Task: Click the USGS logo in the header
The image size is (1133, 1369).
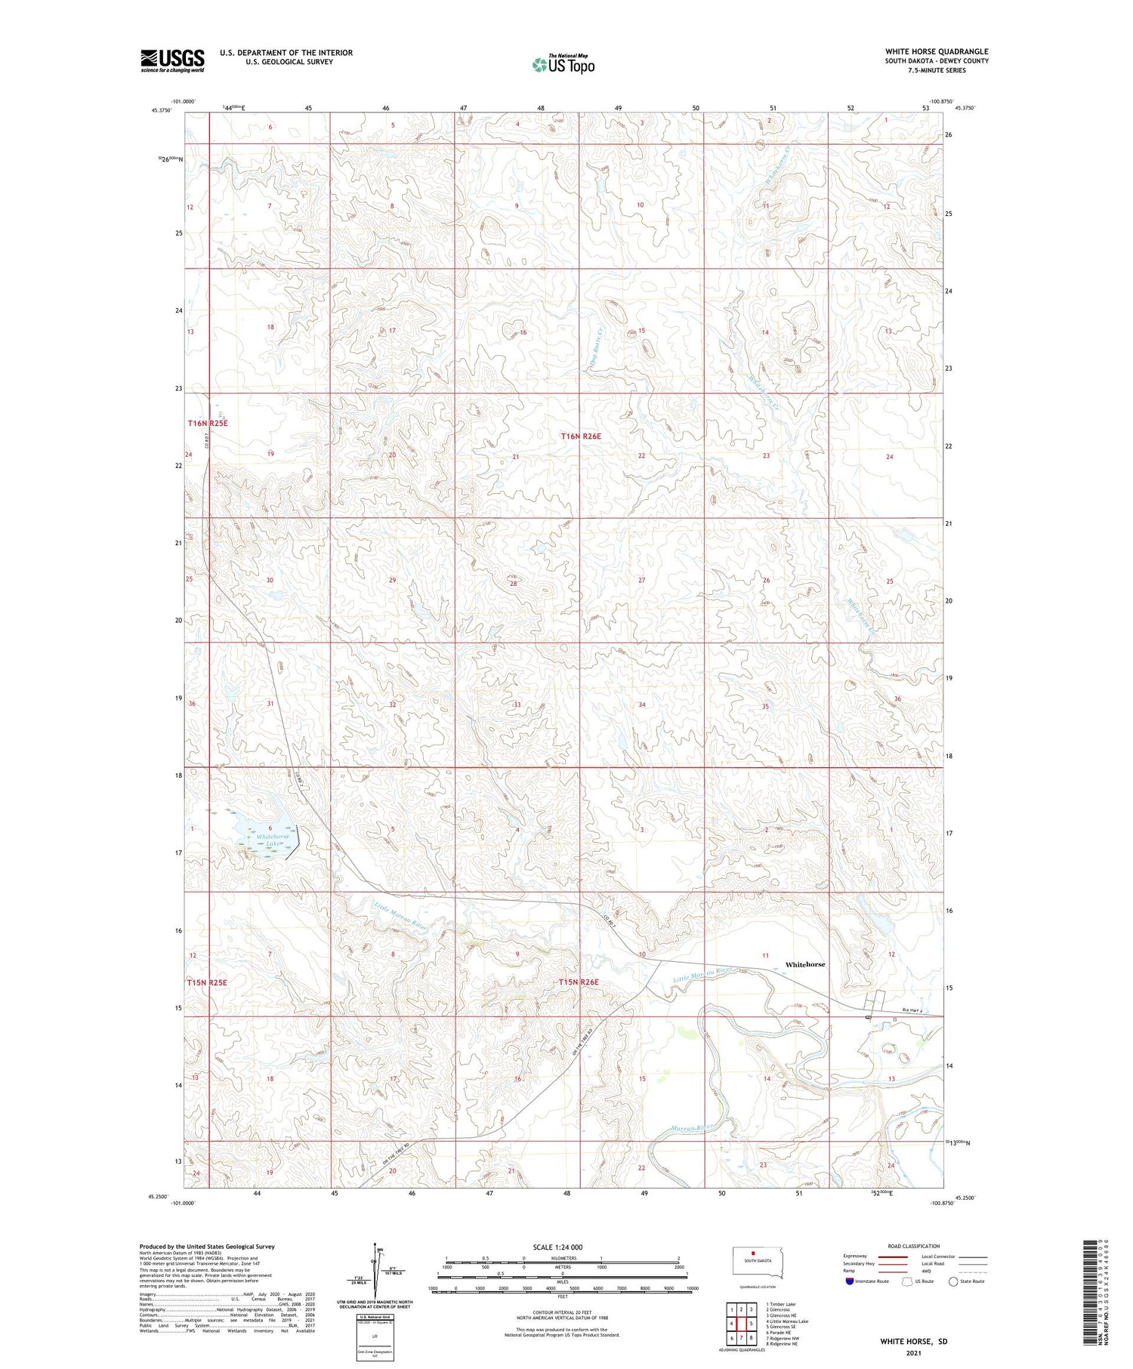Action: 172,60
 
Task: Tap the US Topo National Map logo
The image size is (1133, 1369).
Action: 563,64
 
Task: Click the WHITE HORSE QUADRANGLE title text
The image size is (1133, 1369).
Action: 937,51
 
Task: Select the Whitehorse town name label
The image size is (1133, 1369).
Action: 805,964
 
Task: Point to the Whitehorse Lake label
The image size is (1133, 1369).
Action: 273,840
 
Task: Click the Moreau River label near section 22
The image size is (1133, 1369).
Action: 692,1129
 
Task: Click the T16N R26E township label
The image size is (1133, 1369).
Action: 581,436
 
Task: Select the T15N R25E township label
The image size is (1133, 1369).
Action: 207,982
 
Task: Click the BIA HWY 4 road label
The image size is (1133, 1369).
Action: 912,1012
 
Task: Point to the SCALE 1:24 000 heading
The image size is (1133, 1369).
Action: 557,1247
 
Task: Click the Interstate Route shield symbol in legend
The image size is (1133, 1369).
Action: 850,1281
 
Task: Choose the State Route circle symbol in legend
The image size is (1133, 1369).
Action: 954,1281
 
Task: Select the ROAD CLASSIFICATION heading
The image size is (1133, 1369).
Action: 914,1246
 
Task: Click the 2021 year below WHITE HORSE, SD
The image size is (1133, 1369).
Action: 913,1353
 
